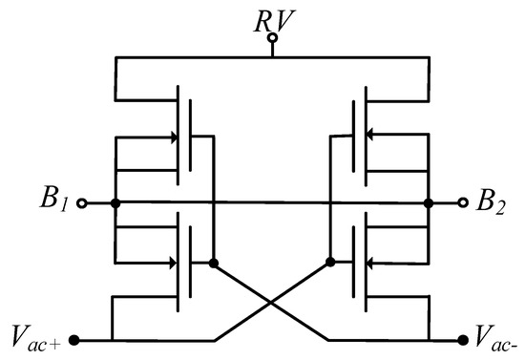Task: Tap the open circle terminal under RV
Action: [272, 39]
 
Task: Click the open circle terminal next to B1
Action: [81, 203]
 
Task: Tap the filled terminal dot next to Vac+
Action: [75, 339]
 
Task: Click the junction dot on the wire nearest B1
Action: [115, 203]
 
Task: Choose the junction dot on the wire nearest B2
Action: [430, 203]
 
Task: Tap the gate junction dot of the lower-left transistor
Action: [214, 262]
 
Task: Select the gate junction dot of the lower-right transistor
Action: [329, 262]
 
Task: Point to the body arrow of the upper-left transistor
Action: [173, 138]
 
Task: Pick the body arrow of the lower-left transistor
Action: [173, 262]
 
